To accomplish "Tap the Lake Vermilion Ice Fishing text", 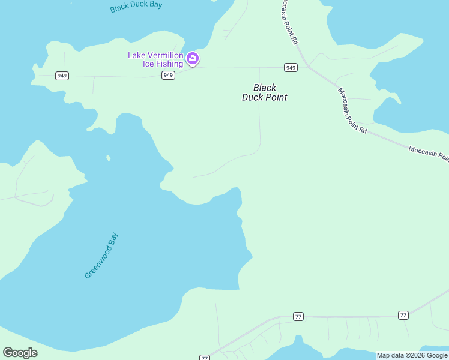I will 155,59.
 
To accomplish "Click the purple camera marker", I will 193,58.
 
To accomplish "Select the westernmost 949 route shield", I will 61,76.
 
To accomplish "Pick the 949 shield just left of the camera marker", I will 168,75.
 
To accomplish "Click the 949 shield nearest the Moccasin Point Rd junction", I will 291,67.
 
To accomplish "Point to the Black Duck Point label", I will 264,92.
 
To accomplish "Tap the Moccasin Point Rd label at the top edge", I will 289,22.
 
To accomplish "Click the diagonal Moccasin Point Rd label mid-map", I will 352,111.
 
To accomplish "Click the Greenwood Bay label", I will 101,256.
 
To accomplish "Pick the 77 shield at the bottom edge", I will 205,358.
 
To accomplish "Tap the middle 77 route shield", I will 298,316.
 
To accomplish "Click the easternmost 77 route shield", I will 403,315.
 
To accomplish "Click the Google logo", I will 20,353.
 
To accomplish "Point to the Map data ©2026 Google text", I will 412,355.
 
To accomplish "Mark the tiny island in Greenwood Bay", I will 108,158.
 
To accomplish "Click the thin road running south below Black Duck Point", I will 259,126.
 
